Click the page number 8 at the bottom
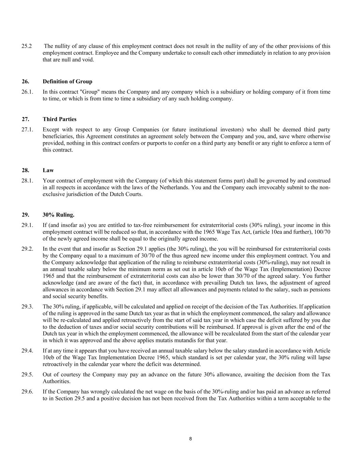coord(190,439)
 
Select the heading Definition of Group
coord(67,82)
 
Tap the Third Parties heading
coord(59,119)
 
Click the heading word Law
coord(48,170)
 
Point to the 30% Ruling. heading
coord(58,215)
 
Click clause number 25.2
coord(27,46)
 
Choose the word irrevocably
coord(273,187)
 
